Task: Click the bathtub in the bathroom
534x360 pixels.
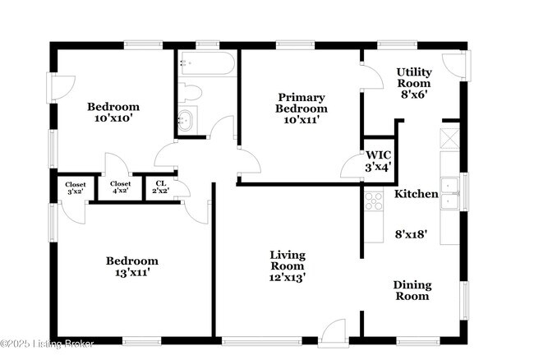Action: click(207, 63)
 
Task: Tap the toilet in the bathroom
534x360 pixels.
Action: click(190, 92)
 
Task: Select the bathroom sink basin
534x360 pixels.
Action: click(186, 120)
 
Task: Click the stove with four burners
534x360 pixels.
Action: click(374, 201)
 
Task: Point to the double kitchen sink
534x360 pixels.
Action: click(449, 193)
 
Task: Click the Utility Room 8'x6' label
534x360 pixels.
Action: click(414, 83)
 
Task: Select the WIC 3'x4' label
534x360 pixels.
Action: click(378, 161)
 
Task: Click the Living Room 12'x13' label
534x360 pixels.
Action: click(287, 266)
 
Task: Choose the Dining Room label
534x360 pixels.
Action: click(412, 290)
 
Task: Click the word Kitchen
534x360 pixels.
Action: click(417, 194)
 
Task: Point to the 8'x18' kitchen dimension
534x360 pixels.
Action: click(411, 234)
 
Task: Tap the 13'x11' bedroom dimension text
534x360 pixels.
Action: click(132, 273)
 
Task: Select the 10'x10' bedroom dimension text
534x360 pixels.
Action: click(113, 118)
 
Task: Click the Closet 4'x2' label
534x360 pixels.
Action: click(120, 187)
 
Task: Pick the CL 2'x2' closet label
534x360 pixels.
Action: click(161, 187)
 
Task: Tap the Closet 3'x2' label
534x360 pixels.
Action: click(76, 188)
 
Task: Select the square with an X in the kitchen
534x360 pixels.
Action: click(449, 139)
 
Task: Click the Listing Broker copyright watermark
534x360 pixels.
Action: click(47, 344)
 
